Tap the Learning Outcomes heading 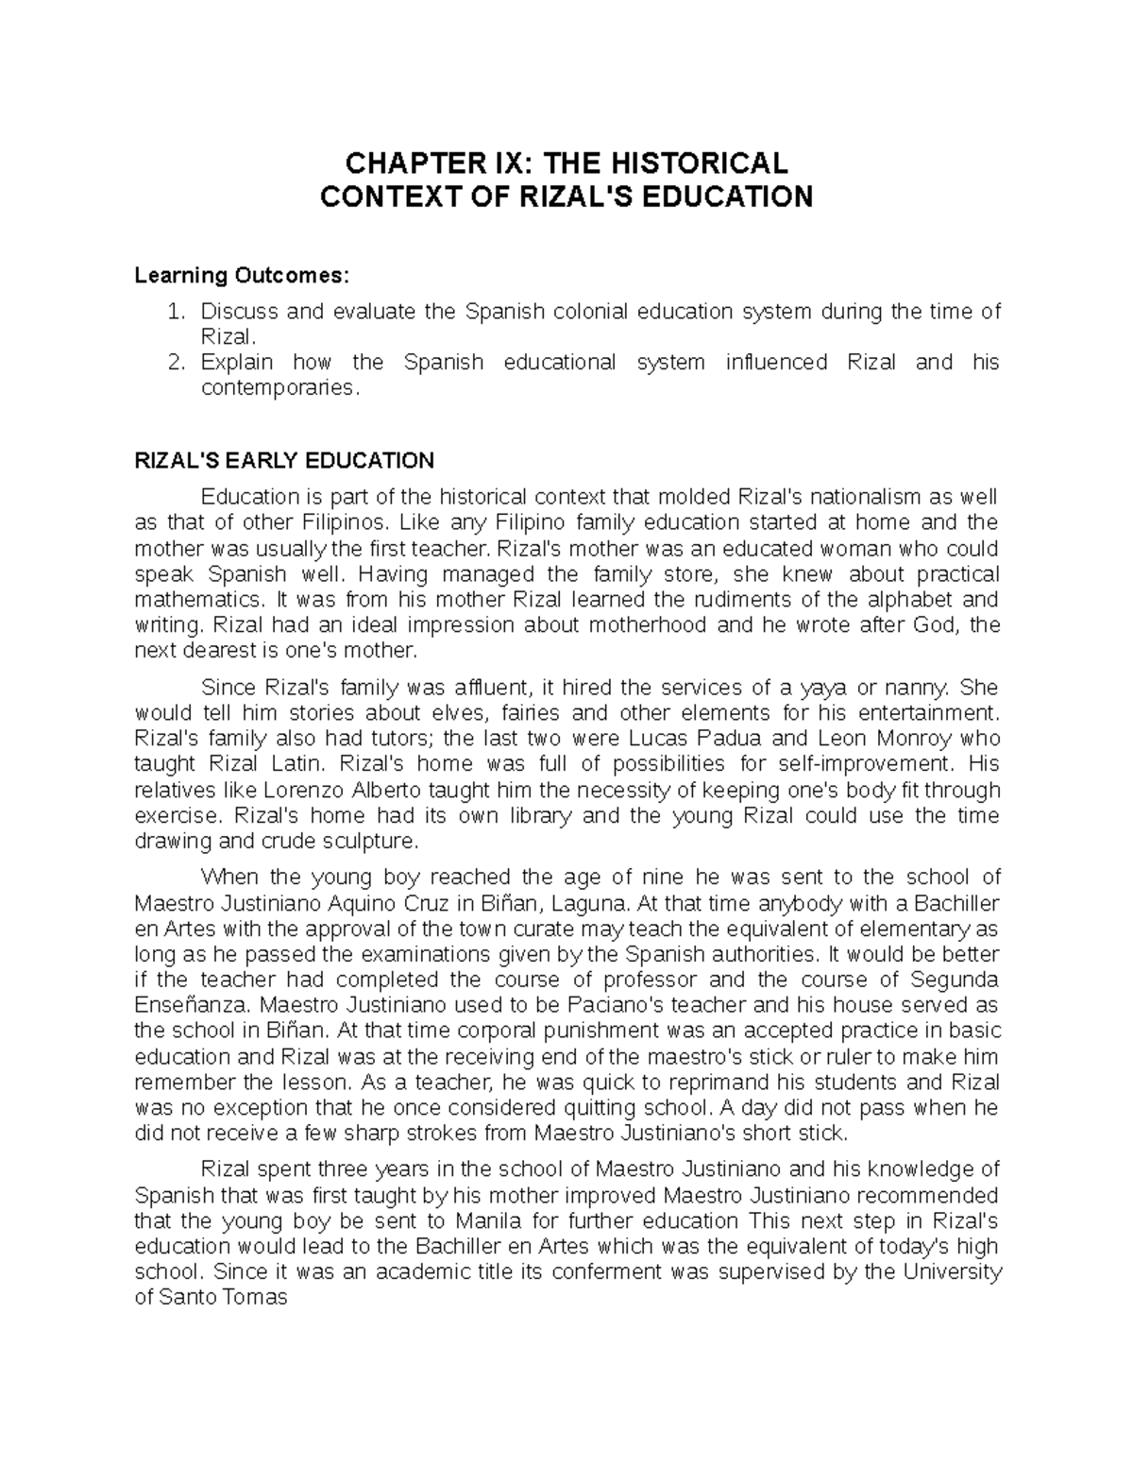[x=242, y=276]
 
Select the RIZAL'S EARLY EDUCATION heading [x=284, y=461]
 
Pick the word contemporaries [x=279, y=387]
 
